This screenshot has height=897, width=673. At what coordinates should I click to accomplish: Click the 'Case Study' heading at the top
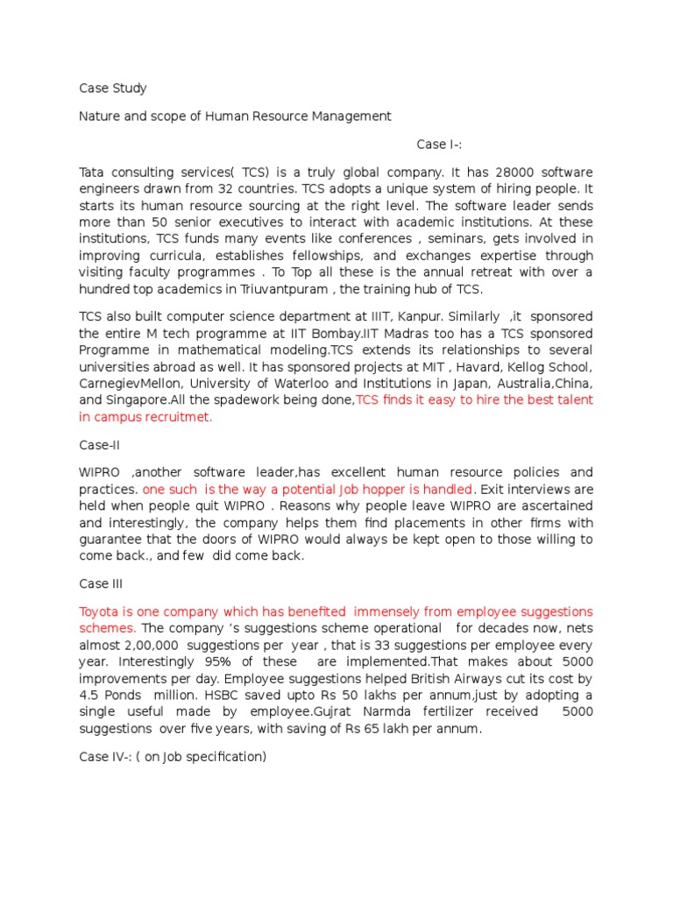click(113, 88)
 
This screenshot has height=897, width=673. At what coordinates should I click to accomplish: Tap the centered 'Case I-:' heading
click(444, 144)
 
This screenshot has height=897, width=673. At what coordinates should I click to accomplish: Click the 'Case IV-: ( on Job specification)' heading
click(172, 756)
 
